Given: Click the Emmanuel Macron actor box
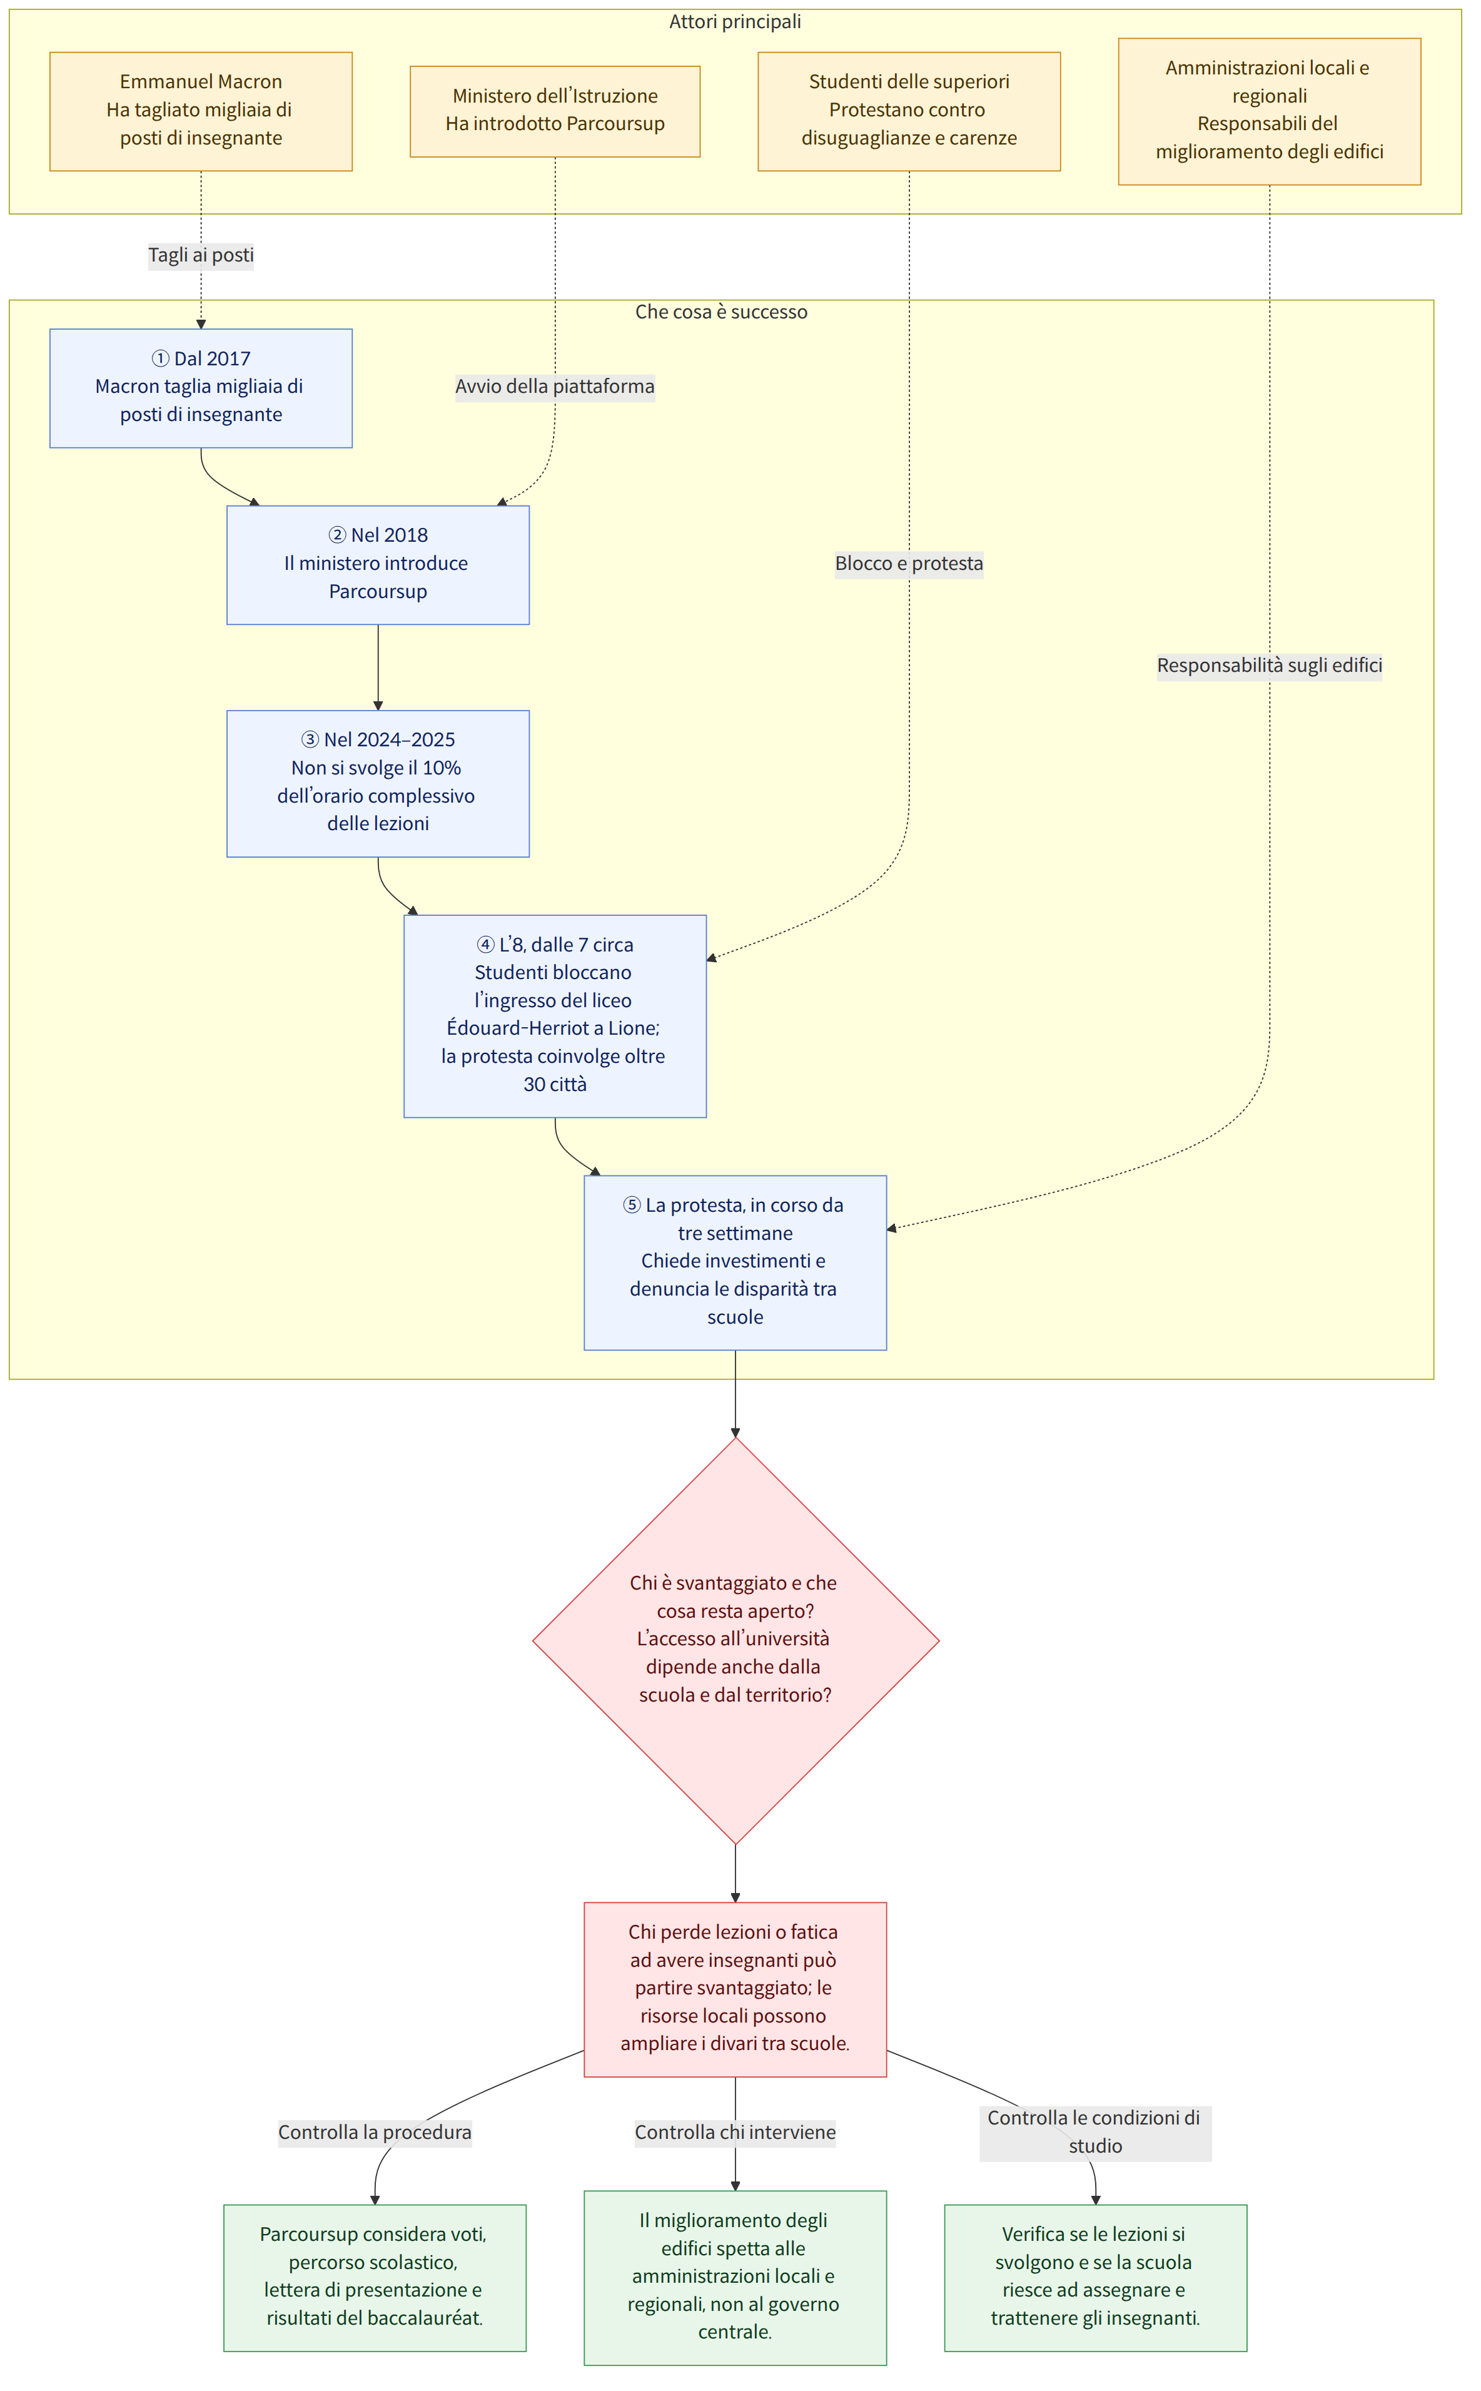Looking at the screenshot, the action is pyautogui.click(x=201, y=111).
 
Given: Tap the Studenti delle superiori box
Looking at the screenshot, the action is pyautogui.click(x=909, y=111).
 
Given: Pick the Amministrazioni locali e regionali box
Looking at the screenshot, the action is pyautogui.click(x=1270, y=111).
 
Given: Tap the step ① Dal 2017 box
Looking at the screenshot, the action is pyautogui.click(x=201, y=388).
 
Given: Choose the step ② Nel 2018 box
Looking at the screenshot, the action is pyautogui.click(x=378, y=565).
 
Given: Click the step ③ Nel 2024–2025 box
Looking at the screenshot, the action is pyautogui.click(x=378, y=784).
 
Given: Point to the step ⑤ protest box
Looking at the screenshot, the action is pyautogui.click(x=735, y=1262).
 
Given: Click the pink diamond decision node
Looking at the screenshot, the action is pyautogui.click(x=735, y=1641).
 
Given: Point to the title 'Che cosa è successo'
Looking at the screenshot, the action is pyautogui.click(x=722, y=312).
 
